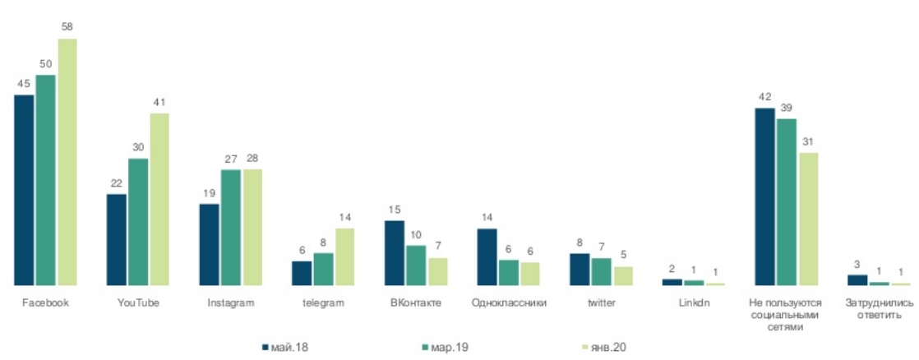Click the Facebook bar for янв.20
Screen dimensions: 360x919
66,162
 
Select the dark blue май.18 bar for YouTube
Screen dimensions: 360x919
117,240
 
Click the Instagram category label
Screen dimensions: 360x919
231,302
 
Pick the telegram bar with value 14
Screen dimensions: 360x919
344,256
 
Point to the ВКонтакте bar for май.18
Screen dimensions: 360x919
395,253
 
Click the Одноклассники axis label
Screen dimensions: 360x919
510,302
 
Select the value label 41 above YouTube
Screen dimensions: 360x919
159,103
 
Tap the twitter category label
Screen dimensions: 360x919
602,302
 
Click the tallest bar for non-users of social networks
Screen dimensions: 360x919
764,196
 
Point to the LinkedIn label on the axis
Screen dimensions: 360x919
694,302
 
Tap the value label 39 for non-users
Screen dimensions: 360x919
787,108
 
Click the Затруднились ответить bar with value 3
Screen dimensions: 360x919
857,280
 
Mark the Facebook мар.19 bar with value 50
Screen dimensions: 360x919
45,180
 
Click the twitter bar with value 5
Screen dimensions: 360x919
622,276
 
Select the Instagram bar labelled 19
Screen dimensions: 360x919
210,245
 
